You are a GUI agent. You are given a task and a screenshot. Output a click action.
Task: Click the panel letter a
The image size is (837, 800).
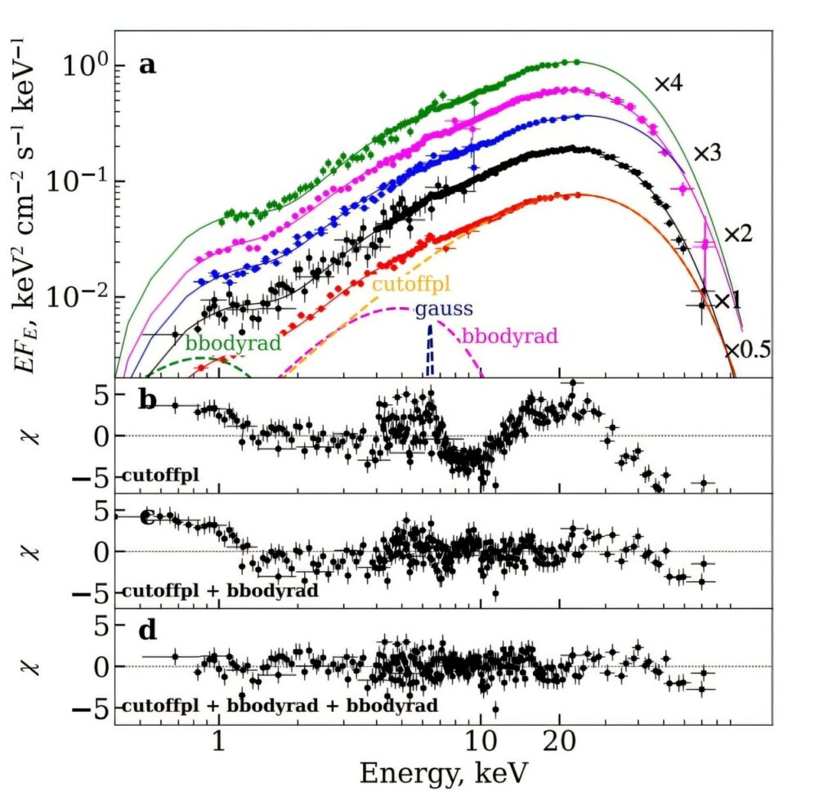148,65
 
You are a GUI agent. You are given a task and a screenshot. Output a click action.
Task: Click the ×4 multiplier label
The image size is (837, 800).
669,83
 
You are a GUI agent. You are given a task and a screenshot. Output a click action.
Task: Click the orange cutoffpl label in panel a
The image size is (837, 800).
412,284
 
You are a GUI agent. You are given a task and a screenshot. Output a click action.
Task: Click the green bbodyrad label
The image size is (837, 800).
234,342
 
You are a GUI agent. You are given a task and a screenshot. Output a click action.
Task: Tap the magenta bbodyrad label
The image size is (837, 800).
510,335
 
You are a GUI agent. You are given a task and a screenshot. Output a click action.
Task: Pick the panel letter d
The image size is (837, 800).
148,631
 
